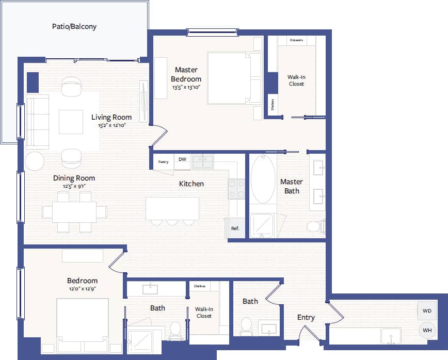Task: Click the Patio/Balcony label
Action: [x=74, y=26]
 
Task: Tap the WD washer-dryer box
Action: [x=427, y=311]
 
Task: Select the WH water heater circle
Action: [x=427, y=330]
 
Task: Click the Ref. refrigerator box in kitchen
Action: [x=235, y=228]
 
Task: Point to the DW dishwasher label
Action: [x=182, y=160]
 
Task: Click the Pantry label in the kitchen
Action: [x=164, y=162]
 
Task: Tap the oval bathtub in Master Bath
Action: [x=263, y=179]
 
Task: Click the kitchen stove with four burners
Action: [x=236, y=189]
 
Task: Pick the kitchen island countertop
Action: [x=172, y=208]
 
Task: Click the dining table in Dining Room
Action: [x=74, y=211]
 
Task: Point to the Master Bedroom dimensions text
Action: [x=186, y=87]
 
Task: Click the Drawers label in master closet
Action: [x=296, y=40]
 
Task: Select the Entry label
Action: [x=306, y=318]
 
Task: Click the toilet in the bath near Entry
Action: [x=246, y=326]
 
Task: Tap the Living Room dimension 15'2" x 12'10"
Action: [x=111, y=125]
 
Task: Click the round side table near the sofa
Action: [x=35, y=161]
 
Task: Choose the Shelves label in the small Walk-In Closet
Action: [x=200, y=286]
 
